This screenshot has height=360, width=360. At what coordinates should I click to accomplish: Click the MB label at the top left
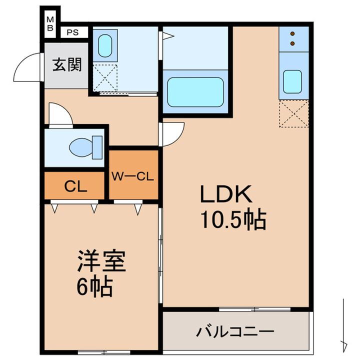click(x=50, y=24)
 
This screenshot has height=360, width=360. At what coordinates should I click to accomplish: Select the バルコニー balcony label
click(x=235, y=331)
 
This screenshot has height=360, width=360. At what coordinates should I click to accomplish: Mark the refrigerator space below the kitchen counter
click(x=292, y=114)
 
